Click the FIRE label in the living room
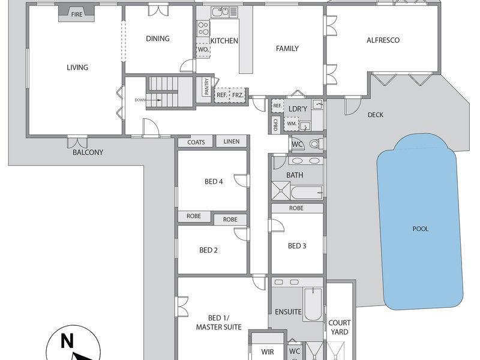[x=77, y=14]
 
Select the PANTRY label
[x=206, y=86]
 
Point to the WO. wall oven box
[x=203, y=50]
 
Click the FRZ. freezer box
[x=238, y=95]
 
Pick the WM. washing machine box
[x=292, y=124]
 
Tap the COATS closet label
[x=196, y=142]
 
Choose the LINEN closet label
[x=232, y=142]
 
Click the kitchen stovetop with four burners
[x=203, y=28]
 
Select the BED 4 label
[x=214, y=182]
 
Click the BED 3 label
[x=297, y=246]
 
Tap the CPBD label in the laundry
[x=275, y=125]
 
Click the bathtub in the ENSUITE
[x=312, y=304]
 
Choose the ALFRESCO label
[x=383, y=40]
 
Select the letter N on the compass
[x=67, y=341]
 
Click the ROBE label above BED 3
[x=296, y=208]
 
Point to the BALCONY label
[x=88, y=152]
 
